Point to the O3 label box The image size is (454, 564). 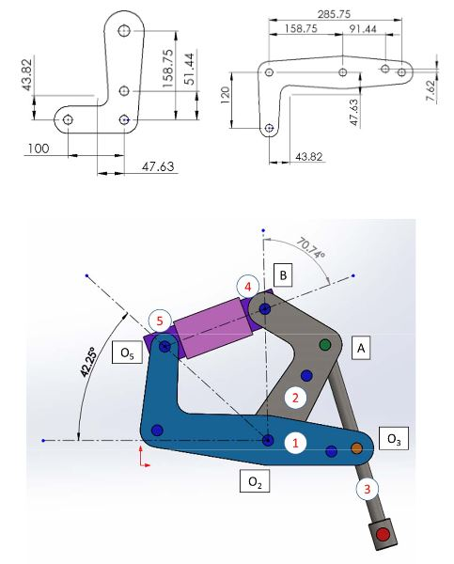pyautogui.click(x=392, y=439)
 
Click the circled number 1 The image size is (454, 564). pyautogui.click(x=295, y=440)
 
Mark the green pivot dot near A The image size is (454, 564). pyautogui.click(x=326, y=345)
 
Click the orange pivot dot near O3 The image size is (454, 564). pyautogui.click(x=357, y=448)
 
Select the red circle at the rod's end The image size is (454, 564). pyautogui.click(x=383, y=536)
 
